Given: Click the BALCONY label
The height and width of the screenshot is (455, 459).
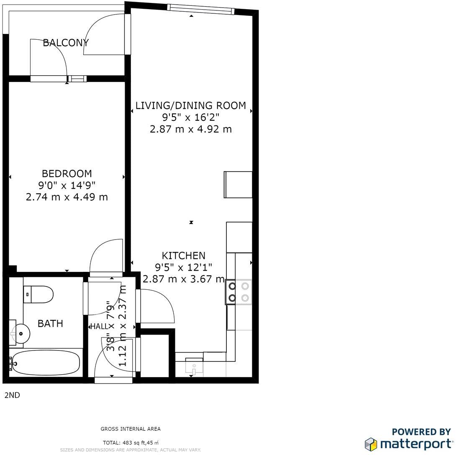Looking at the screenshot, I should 66,42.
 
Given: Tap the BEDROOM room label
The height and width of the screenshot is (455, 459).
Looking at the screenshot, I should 67,173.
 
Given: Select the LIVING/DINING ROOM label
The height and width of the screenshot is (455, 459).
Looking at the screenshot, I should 191,105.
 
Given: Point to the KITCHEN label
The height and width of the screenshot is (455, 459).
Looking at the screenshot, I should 184,256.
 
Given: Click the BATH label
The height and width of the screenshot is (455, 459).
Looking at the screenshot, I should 50,323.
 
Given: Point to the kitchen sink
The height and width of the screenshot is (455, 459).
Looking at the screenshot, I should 194,367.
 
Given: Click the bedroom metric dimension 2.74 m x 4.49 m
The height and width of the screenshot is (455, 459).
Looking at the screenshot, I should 67,197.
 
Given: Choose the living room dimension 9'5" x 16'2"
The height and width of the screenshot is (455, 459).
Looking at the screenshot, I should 191,118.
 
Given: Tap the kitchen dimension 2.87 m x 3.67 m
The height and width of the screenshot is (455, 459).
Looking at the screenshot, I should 184,279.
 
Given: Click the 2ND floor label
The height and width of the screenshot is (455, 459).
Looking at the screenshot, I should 12,394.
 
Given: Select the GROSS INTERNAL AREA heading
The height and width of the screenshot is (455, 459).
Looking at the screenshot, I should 131,429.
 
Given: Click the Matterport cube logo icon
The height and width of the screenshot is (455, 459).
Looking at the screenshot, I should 371,444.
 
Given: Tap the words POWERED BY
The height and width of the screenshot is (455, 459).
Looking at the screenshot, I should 421,432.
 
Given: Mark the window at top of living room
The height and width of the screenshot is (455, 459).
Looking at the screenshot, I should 200,9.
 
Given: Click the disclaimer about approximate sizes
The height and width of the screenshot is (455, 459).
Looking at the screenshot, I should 131,450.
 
